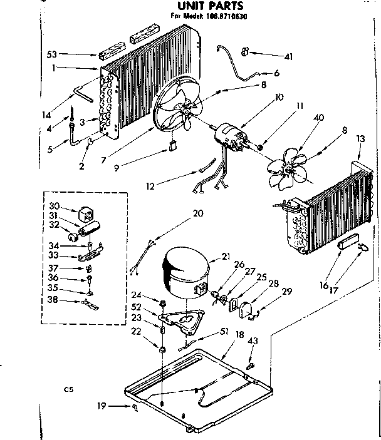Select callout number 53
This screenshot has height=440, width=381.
click(x=52, y=55)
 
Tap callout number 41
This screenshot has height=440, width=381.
click(x=288, y=57)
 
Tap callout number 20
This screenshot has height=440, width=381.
click(x=198, y=213)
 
